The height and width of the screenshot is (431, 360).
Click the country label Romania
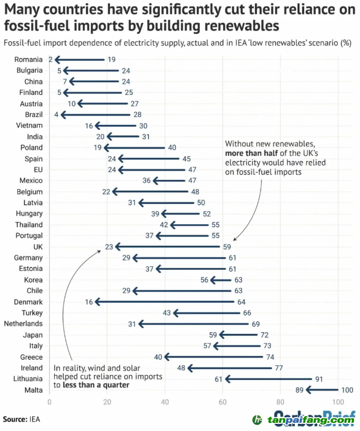[x=29, y=59]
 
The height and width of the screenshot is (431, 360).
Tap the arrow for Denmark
[x=164, y=302]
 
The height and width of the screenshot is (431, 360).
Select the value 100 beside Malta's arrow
[x=347, y=389]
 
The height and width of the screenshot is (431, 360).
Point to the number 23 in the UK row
[x=109, y=247]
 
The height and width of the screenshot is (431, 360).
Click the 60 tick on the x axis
[x=223, y=401]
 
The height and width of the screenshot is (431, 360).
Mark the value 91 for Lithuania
[x=318, y=378]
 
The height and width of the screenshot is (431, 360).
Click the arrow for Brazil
[x=96, y=115]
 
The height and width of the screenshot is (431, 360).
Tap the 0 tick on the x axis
[x=50, y=401]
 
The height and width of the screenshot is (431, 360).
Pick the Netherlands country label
[x=23, y=324]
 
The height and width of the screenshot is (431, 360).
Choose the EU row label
[x=37, y=169]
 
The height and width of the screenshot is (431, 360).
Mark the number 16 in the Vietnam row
[x=90, y=126]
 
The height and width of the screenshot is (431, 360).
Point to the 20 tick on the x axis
[x=107, y=401]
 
